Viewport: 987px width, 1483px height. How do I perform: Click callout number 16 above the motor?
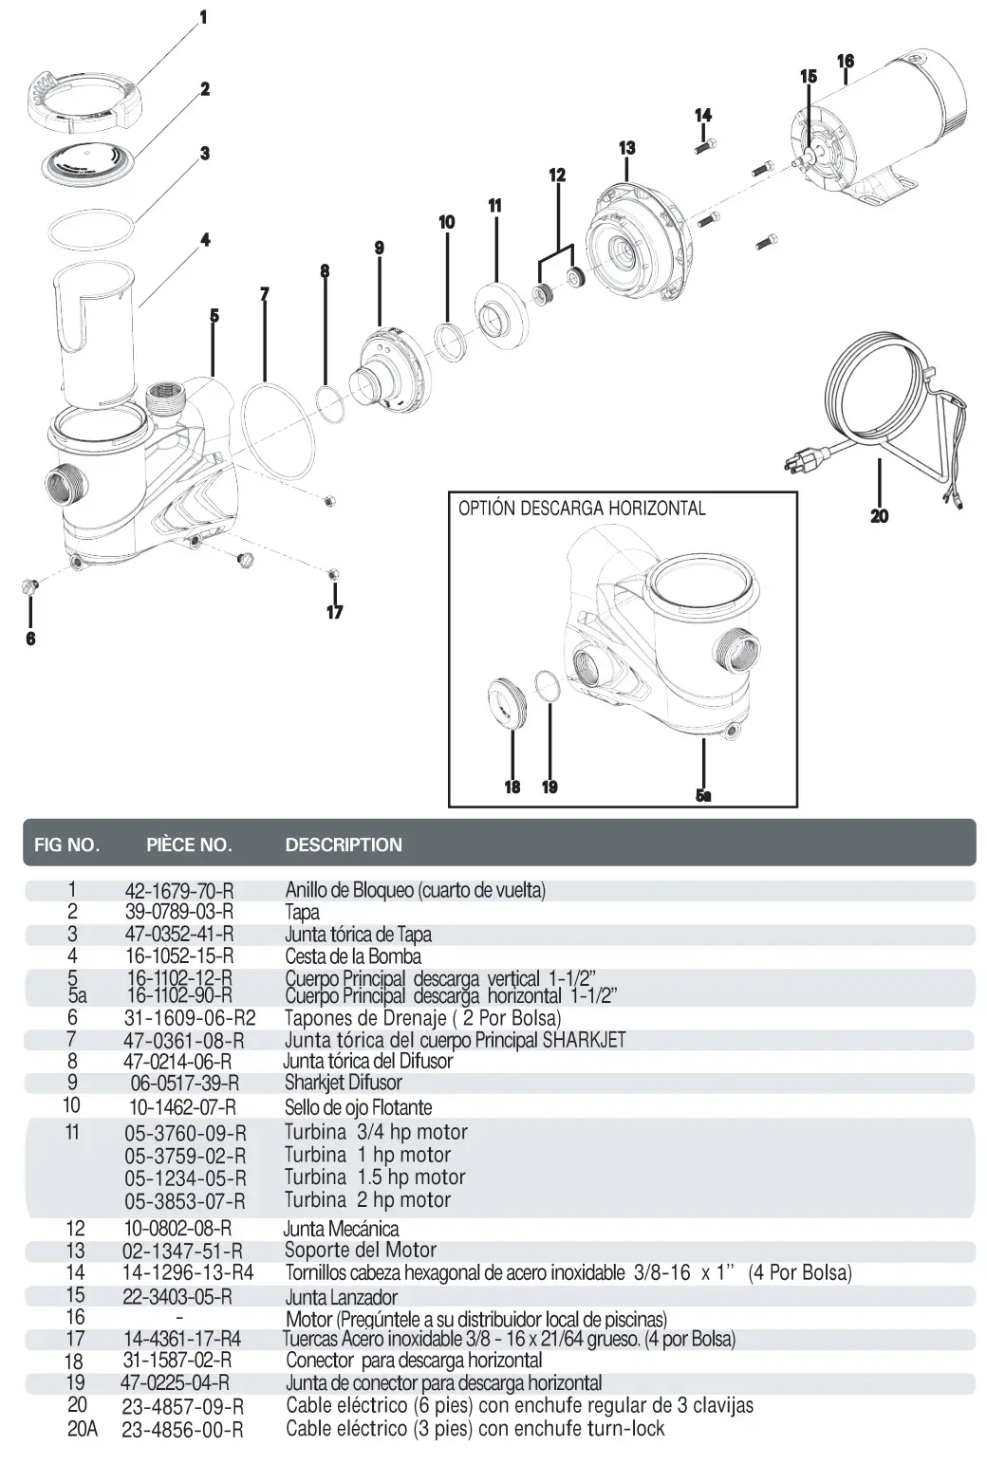[x=845, y=62]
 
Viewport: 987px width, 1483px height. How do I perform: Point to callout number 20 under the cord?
[x=879, y=516]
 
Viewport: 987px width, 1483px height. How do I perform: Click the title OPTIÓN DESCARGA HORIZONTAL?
[x=582, y=509]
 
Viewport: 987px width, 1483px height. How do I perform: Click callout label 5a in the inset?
[x=702, y=795]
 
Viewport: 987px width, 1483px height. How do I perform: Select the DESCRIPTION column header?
[x=344, y=844]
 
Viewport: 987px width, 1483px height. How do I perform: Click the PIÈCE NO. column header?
[x=189, y=844]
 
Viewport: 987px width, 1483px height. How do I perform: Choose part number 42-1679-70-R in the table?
[x=179, y=891]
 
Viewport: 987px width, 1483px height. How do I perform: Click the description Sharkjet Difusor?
[x=344, y=1083]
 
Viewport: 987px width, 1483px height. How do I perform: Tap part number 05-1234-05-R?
[x=185, y=1178]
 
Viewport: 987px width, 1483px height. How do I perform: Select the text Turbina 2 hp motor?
[x=367, y=1200]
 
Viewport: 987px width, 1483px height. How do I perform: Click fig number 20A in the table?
[x=82, y=1428]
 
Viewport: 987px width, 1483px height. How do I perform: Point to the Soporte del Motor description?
[x=361, y=1251]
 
